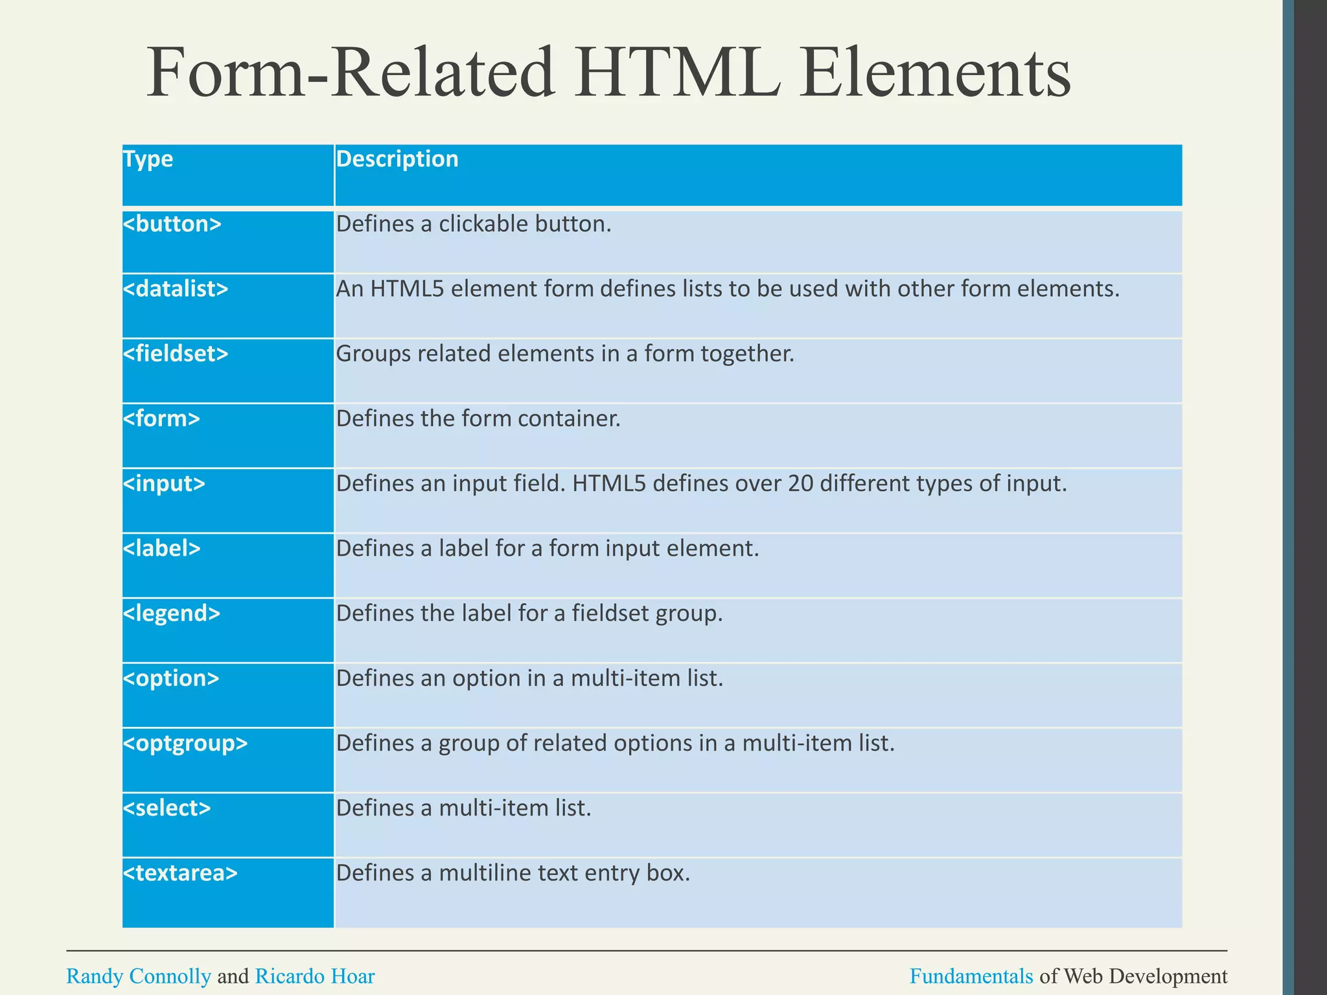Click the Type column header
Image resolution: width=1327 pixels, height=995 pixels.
[x=148, y=159]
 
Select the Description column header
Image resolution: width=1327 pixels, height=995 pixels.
[x=397, y=159]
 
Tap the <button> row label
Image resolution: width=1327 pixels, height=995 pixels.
[x=172, y=224]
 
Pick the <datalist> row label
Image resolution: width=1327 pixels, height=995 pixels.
[x=175, y=289]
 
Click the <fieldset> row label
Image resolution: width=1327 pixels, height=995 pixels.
[x=175, y=354]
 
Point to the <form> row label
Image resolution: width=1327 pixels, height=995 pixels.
[x=161, y=418]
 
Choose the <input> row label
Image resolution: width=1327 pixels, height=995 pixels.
[x=164, y=484]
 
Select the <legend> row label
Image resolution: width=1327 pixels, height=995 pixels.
[x=171, y=613]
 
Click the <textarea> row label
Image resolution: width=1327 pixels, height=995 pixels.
[x=180, y=873]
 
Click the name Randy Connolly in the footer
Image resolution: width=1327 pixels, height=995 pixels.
[x=139, y=976]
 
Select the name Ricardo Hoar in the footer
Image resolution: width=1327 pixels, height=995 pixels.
[x=315, y=976]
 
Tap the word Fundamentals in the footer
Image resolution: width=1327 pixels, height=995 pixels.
[x=971, y=976]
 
